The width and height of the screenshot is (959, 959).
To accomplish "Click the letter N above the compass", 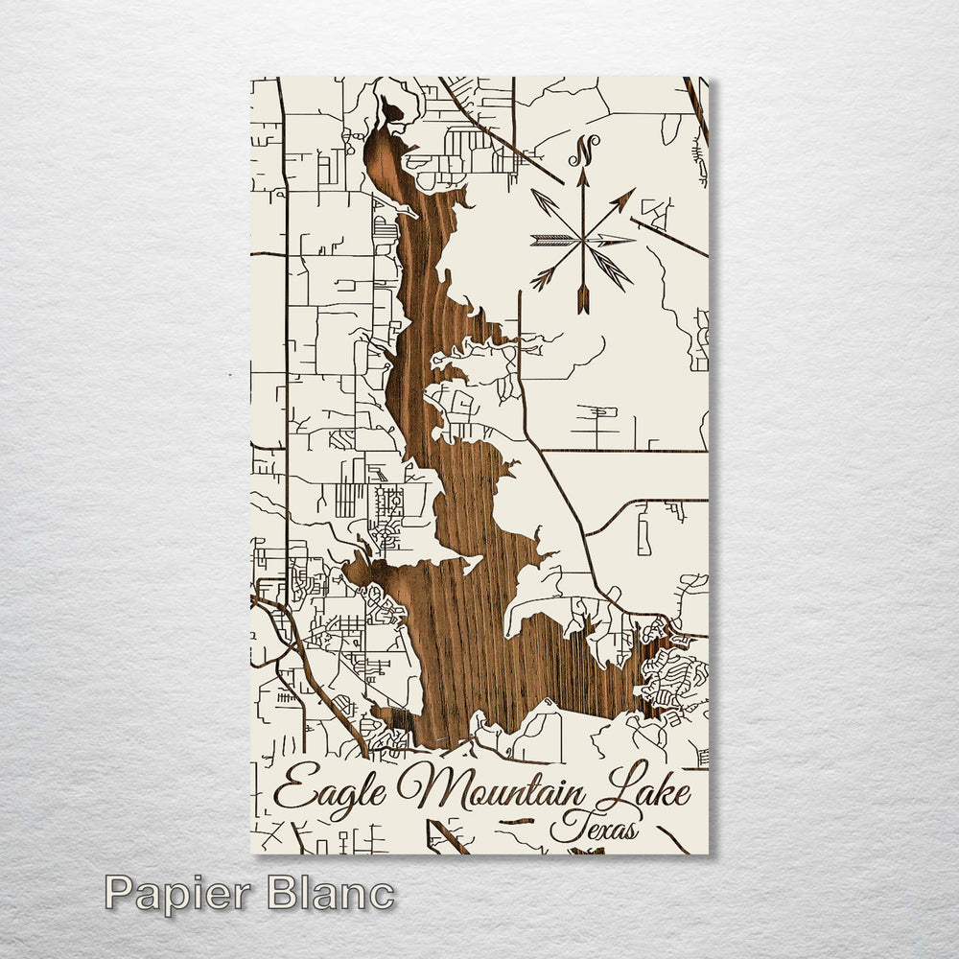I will tap(583, 150).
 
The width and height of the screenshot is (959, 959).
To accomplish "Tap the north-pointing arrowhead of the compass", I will tap(582, 176).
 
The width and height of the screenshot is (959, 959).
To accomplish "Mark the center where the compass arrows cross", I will tap(582, 240).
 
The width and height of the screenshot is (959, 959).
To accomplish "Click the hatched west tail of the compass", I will tap(548, 241).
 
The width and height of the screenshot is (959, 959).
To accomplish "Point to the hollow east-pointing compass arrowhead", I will tap(624, 241).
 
